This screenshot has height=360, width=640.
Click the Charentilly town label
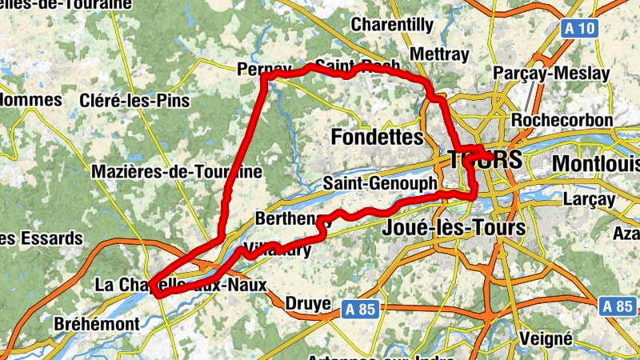pos(392,25)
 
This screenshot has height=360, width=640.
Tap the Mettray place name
pos(438,54)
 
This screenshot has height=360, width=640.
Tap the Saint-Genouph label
pos(380,184)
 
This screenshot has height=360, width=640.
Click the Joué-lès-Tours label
pos(454,228)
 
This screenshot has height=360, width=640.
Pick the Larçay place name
pos(590,198)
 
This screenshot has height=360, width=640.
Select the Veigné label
pos(546,338)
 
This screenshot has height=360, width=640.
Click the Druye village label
pos(307,304)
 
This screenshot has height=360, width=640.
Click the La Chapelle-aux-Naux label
pos(180,285)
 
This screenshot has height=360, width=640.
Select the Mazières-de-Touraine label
pos(177,171)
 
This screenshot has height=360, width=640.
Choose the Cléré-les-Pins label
pos(135,101)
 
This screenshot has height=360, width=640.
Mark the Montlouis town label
pos(596,162)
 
